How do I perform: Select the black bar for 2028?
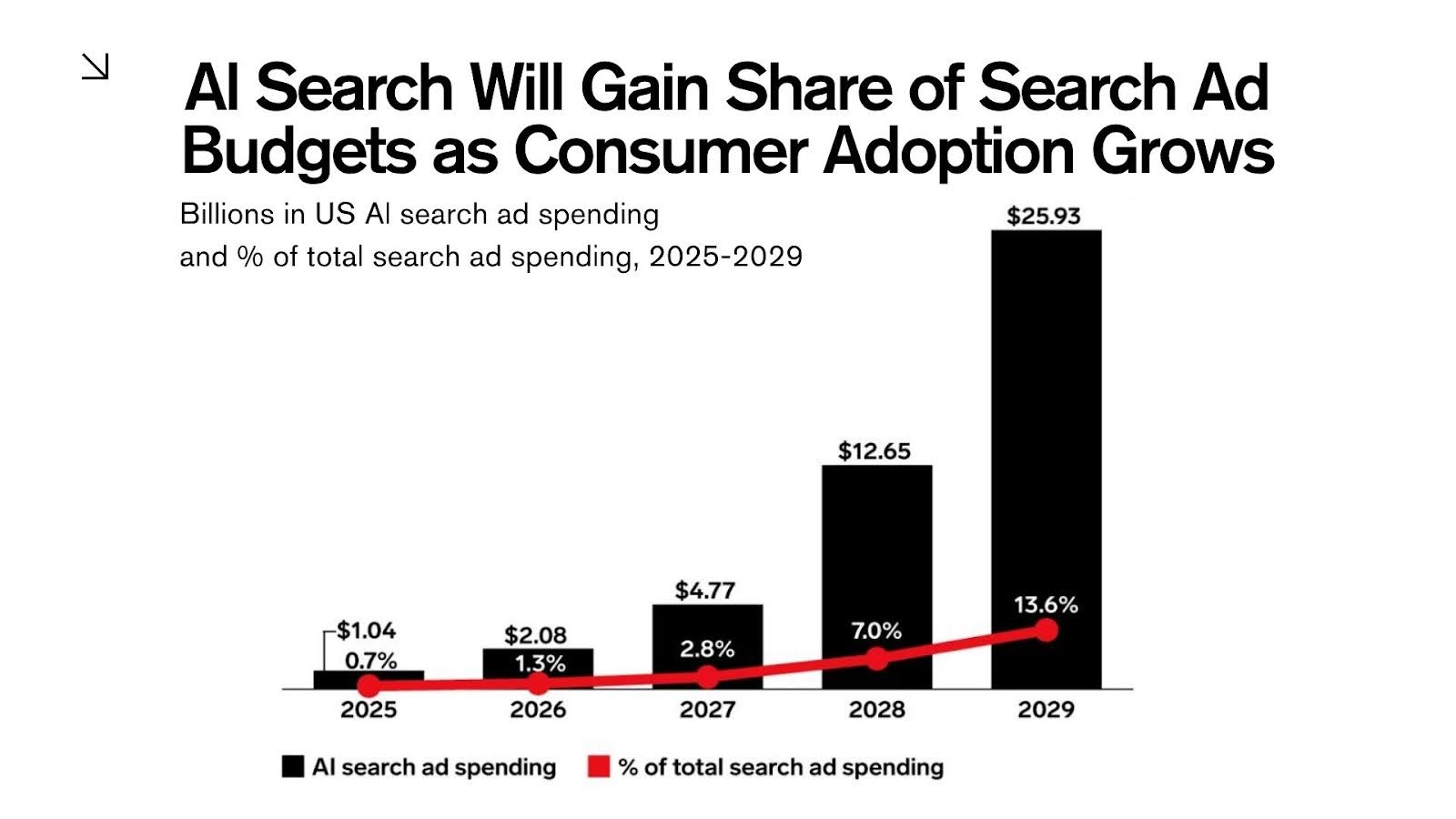(876, 546)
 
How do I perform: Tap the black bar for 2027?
(707, 628)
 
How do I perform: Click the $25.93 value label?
(1044, 217)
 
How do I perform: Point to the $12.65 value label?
(875, 451)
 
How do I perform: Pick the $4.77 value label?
(705, 591)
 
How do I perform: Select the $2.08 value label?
(536, 634)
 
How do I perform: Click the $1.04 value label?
(366, 631)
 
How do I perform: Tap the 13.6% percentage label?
(1046, 605)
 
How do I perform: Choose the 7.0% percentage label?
(876, 631)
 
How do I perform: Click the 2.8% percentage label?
(707, 650)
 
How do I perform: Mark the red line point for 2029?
(1046, 630)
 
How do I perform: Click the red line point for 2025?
(369, 686)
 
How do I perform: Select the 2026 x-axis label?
(538, 710)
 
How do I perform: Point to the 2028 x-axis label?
(876, 710)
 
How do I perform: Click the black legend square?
(292, 767)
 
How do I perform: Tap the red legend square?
(598, 767)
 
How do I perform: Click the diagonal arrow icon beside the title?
(96, 66)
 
